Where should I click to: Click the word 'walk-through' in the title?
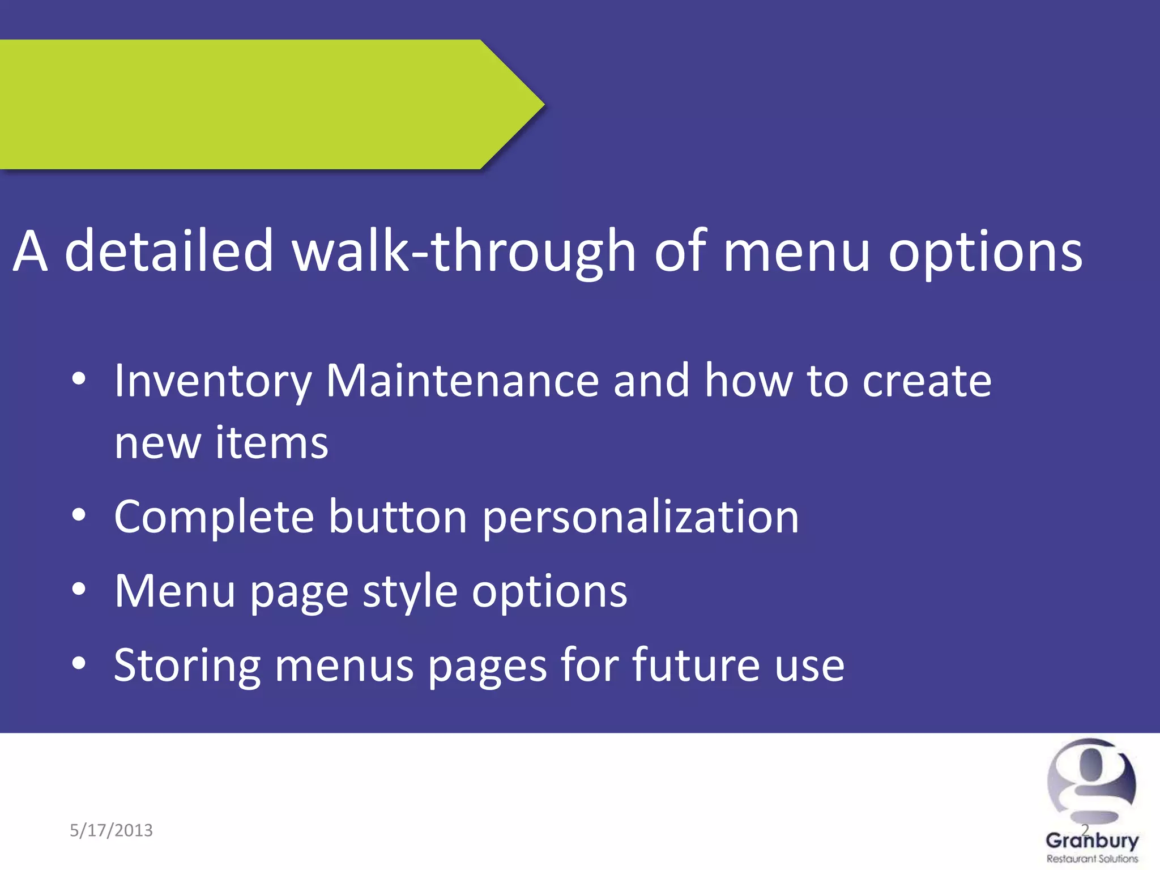point(464,251)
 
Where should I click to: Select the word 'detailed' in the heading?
point(169,251)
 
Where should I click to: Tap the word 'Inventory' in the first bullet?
point(213,381)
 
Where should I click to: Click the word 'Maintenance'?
point(462,380)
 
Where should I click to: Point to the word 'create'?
point(927,381)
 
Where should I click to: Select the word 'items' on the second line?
point(271,443)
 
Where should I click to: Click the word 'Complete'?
point(214,517)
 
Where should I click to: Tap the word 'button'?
point(398,517)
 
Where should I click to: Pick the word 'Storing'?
point(187,666)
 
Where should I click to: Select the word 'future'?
point(696,665)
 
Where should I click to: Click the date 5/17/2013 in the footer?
point(111,830)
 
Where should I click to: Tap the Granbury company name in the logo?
point(1091,841)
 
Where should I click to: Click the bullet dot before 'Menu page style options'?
point(79,590)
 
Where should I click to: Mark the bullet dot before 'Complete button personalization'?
point(79,515)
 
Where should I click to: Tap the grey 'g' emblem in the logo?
point(1091,782)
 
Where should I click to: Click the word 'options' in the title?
point(985,252)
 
